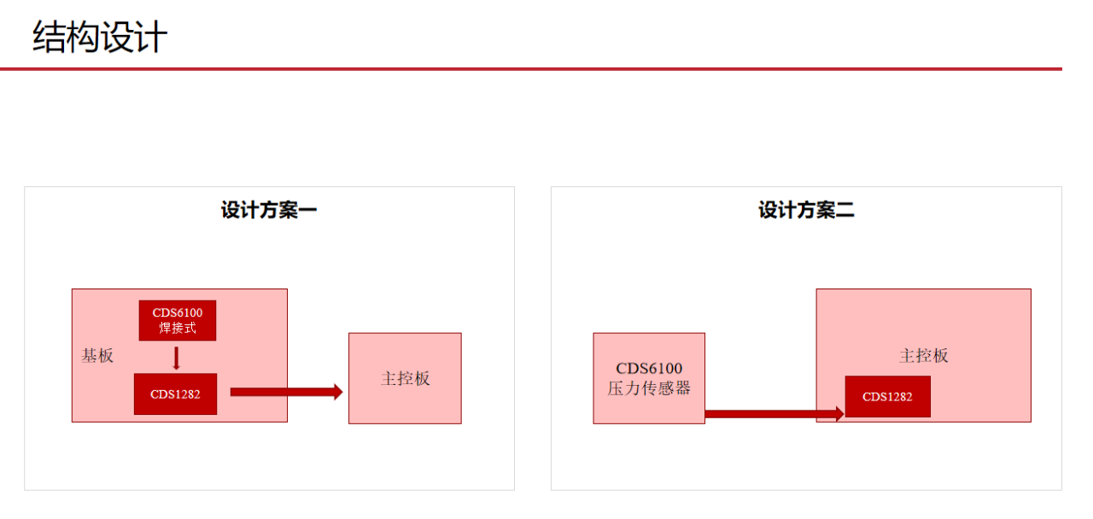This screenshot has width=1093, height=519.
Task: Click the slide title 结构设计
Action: click(x=100, y=38)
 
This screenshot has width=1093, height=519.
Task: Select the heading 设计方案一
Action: click(x=269, y=210)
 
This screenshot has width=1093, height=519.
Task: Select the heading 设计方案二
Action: click(x=806, y=210)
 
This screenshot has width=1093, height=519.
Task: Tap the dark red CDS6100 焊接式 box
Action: click(x=178, y=320)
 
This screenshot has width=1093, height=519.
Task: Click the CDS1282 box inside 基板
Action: click(x=175, y=394)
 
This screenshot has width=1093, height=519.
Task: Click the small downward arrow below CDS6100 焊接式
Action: click(x=177, y=358)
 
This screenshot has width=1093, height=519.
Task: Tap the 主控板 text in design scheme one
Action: click(x=405, y=378)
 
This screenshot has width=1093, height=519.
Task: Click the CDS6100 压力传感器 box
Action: click(x=649, y=378)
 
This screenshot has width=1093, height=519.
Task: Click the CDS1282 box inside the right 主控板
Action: click(x=887, y=397)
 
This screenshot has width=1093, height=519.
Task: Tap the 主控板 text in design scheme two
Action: click(x=923, y=356)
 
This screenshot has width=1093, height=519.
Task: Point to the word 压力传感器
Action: click(x=649, y=388)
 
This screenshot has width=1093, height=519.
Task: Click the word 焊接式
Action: click(x=178, y=328)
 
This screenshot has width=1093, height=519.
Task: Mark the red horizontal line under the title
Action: click(x=529, y=68)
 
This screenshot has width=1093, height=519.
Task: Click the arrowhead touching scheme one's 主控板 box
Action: click(x=337, y=392)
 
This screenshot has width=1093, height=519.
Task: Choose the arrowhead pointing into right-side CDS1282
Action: click(x=839, y=414)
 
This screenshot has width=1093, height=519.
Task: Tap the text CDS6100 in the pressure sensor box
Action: click(x=649, y=369)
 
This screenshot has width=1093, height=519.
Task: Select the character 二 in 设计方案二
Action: click(x=845, y=210)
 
